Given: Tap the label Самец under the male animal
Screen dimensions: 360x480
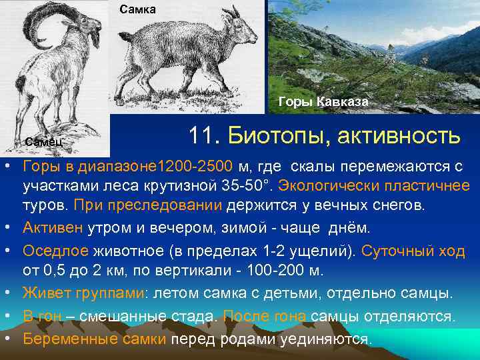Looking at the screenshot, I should click(44, 141).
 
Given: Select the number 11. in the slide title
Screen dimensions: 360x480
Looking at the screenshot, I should click(204, 135).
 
